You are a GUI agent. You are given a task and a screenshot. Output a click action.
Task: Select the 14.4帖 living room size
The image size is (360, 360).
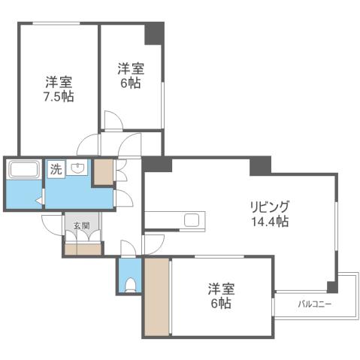271,222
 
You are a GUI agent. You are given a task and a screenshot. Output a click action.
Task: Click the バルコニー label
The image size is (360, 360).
315,304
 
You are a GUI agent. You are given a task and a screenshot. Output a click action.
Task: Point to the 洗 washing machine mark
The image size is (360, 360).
56,169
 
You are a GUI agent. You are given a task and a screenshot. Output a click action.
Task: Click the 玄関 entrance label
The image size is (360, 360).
81,225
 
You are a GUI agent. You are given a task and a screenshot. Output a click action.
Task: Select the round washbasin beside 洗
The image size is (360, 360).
77,169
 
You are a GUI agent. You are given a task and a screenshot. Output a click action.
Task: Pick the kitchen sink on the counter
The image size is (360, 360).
192,220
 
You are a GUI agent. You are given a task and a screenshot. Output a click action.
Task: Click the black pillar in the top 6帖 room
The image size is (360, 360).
154,32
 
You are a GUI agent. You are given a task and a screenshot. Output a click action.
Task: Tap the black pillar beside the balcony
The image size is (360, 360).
331,286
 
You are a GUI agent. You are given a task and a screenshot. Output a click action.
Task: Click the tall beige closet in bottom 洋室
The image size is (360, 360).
157,296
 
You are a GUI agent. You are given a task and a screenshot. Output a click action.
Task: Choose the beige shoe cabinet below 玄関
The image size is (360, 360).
82,248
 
